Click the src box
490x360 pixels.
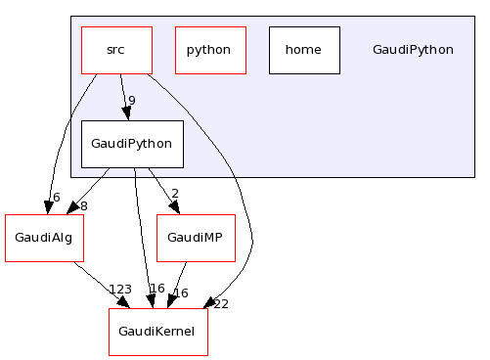coord(116,50)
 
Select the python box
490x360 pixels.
coord(210,50)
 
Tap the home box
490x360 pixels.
coord(304,50)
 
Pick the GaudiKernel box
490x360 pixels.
coord(157,332)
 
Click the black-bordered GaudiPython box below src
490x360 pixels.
coord(132,144)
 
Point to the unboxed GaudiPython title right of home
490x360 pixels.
coord(413,50)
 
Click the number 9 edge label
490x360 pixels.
coord(131,100)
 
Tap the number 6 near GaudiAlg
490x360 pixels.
coord(56,198)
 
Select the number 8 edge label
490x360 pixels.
coord(83,205)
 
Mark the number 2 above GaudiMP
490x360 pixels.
coord(175,194)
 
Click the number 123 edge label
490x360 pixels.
coord(120,290)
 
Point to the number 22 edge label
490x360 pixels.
coord(220,303)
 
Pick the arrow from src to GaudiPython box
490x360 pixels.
coord(123,97)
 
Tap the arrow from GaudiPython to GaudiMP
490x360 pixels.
coord(163,191)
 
